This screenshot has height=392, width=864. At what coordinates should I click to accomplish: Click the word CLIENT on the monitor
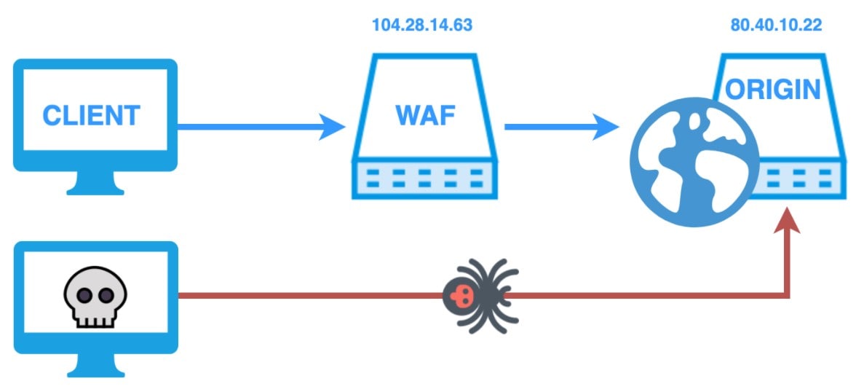coord(91,116)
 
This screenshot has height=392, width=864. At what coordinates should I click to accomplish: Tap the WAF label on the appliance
coord(424,115)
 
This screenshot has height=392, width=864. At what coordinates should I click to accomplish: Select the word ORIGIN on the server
coord(773,90)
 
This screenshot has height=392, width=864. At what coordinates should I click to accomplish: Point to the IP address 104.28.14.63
coord(422,25)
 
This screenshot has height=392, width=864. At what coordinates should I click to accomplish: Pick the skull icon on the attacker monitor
coord(95,295)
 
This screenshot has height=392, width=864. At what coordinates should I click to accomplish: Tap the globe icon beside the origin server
coord(694,162)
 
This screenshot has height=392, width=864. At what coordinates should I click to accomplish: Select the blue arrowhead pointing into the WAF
coord(334,128)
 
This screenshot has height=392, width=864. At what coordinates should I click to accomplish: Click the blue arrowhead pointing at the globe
coord(609,128)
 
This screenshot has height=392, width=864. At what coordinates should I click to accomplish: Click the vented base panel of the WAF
coord(424,179)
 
